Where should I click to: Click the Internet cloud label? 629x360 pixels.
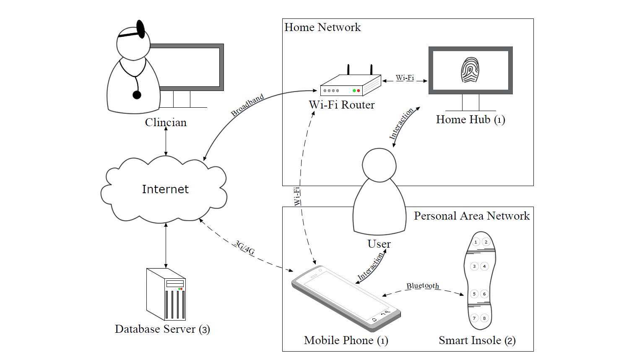coord(165,189)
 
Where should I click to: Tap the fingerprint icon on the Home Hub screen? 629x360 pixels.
coord(470,70)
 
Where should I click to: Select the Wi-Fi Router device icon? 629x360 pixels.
coord(350,84)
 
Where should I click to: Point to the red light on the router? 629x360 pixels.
coord(359,91)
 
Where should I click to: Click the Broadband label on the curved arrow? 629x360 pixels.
coord(247,105)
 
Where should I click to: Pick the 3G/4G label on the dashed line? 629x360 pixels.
coord(244,248)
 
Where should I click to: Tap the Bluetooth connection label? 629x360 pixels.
coord(423,286)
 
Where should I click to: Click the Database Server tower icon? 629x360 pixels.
coord(166,294)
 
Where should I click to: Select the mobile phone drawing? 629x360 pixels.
coord(346,298)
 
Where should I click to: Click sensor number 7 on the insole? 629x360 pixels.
coord(475,318)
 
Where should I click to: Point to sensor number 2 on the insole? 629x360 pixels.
coord(486,242)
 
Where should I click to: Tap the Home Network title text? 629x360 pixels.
coord(322,28)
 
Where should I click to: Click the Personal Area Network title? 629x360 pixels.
coord(472,216)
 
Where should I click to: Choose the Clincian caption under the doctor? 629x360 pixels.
coord(166,122)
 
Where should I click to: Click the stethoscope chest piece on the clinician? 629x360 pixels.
coord(137,95)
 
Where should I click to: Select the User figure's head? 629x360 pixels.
coord(379,165)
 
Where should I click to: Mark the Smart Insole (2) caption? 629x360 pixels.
coord(477,341)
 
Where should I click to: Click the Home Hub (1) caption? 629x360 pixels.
coord(470,120)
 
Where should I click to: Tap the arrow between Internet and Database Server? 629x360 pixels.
coord(166,245)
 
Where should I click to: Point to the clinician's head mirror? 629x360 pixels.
coord(140,29)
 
